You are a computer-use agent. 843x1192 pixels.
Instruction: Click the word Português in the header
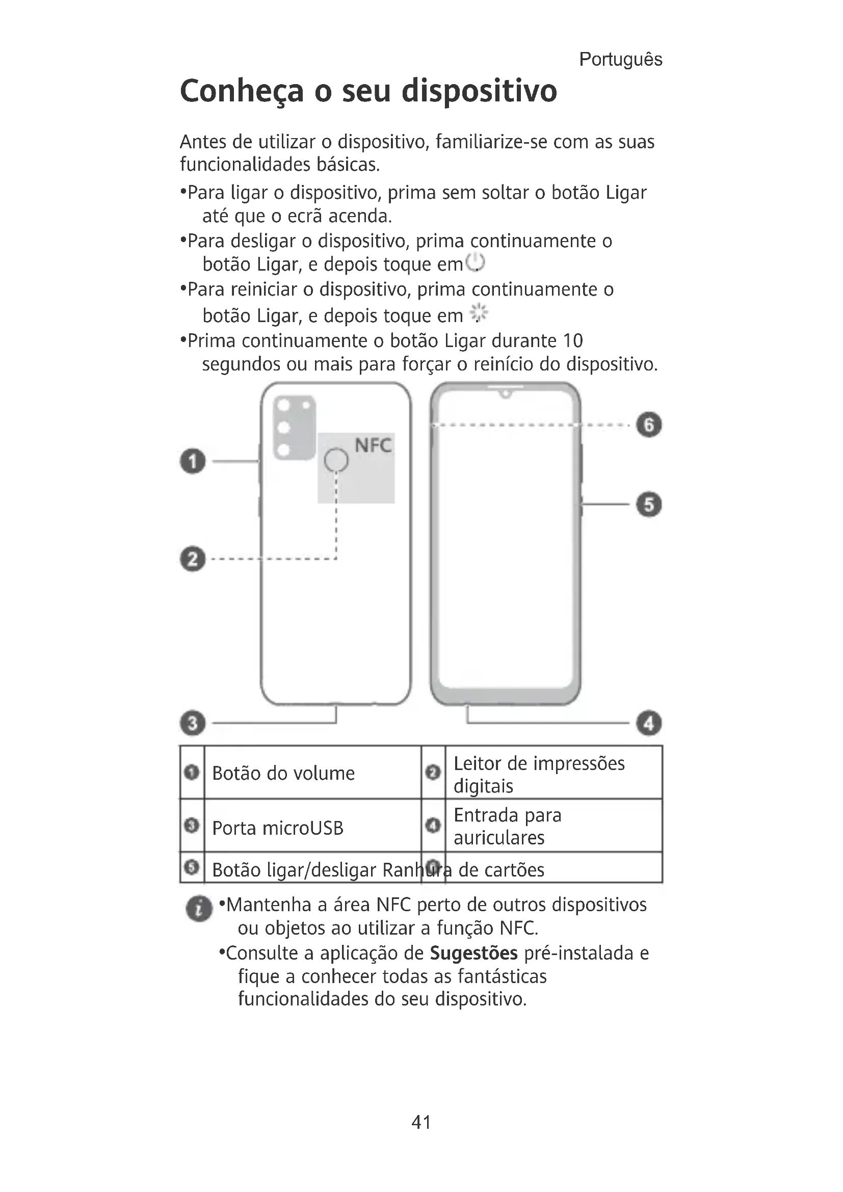(620, 60)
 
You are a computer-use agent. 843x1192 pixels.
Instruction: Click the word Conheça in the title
(242, 91)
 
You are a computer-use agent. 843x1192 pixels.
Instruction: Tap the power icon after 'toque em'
(475, 262)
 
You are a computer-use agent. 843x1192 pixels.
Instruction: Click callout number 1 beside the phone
(193, 461)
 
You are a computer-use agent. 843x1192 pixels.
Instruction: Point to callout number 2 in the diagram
(193, 559)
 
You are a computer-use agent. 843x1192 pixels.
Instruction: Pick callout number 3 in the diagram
(193, 723)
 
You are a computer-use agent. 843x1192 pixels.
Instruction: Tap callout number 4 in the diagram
(649, 723)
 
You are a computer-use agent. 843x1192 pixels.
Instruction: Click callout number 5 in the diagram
(649, 504)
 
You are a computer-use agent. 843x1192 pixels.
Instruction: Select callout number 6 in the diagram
(649, 425)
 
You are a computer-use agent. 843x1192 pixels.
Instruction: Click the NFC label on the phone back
(373, 445)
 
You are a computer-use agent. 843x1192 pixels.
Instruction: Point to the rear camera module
(294, 427)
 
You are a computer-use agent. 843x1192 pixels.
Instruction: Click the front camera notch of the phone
(506, 393)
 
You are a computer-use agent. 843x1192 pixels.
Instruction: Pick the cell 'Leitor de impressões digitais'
(539, 774)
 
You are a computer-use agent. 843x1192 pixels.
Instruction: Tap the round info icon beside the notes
(199, 909)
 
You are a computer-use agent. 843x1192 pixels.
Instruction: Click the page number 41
(421, 1122)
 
